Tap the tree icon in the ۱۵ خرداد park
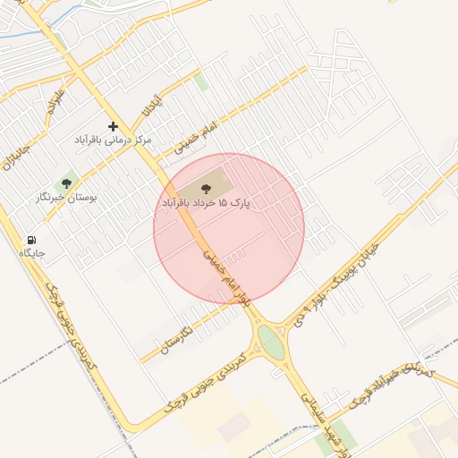tap(207, 189)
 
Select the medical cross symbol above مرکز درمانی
tap(113, 126)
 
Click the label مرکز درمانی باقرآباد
tap(114, 140)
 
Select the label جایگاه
tap(32, 254)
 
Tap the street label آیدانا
tap(153, 106)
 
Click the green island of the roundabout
tap(270, 342)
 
